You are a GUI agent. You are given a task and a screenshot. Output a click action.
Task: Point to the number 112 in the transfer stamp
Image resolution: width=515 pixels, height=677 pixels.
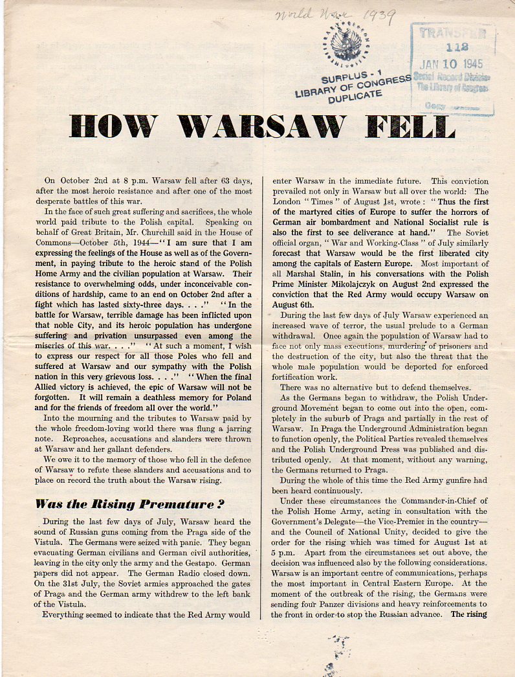click(452, 47)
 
